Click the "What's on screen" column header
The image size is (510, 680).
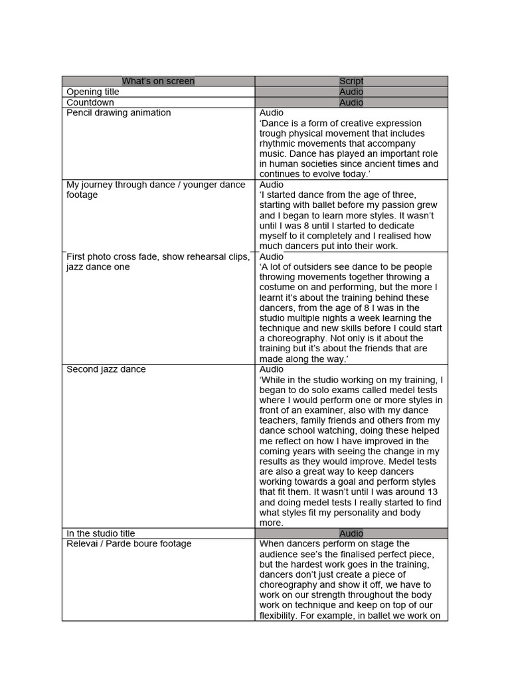[158, 81]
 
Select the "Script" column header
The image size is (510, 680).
[351, 81]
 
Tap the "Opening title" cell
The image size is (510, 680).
[93, 92]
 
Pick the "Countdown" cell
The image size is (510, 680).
[90, 102]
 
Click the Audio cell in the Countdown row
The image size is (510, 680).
[351, 102]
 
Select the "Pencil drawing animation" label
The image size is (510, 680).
[118, 113]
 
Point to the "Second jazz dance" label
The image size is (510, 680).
[106, 369]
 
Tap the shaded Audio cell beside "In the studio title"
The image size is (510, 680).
[351, 533]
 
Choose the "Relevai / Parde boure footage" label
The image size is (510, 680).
[129, 544]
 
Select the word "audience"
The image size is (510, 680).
[280, 554]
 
